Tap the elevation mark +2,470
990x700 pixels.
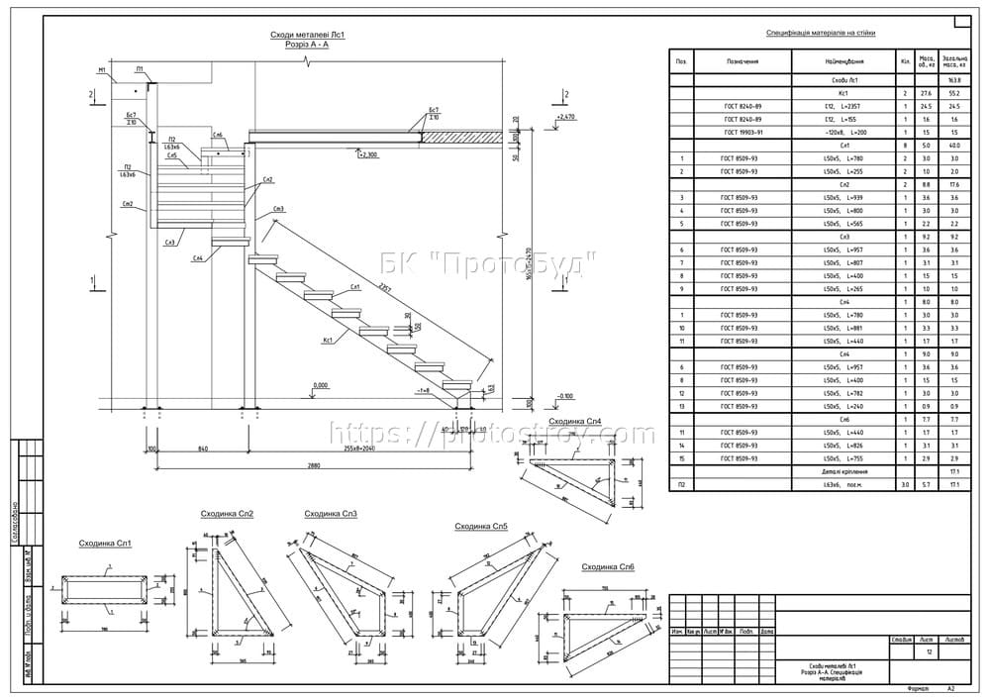coord(566,117)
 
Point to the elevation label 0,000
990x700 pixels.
coord(320,385)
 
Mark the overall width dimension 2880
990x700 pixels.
coord(314,464)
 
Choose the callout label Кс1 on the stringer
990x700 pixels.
coord(325,339)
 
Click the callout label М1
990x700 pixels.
coord(102,71)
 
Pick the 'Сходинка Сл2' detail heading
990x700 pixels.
coord(228,514)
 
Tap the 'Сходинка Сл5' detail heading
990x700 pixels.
coord(481,527)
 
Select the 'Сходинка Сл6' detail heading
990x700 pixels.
coord(608,566)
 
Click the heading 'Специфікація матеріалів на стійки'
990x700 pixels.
coord(828,33)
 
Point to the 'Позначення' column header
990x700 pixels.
coord(742,60)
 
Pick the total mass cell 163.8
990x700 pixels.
coord(955,80)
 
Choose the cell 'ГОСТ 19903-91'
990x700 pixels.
coord(742,132)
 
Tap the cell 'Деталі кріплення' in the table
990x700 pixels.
coord(843,471)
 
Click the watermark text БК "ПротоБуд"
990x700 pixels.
coord(488,263)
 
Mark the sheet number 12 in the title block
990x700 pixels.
coord(929,651)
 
